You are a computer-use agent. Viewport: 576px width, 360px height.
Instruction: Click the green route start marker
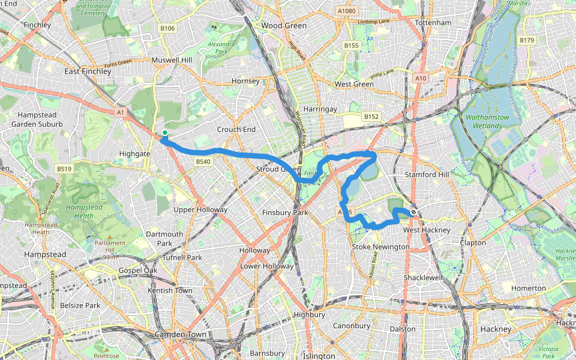(x=164, y=133)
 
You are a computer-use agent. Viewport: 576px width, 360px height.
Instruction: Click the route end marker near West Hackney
(x=413, y=212)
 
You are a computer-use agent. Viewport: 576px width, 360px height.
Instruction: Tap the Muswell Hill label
(x=172, y=61)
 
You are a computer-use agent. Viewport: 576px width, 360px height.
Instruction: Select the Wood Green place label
(x=284, y=26)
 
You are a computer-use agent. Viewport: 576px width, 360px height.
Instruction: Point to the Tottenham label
(x=433, y=23)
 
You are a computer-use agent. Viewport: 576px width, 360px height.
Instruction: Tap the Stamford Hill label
(x=427, y=175)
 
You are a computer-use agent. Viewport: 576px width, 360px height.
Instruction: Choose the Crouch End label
(x=236, y=130)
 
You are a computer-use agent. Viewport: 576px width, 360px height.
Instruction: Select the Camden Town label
(x=181, y=334)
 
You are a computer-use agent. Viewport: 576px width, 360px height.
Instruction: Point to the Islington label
(x=319, y=356)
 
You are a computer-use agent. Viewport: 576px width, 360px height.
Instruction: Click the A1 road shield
(x=121, y=112)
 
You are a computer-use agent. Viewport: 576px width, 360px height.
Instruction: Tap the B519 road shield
(x=65, y=169)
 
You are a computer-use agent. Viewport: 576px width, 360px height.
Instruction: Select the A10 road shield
(x=421, y=78)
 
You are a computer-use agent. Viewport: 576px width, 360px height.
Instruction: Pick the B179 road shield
(x=527, y=40)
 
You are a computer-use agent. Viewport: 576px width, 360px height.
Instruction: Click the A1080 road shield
(x=346, y=11)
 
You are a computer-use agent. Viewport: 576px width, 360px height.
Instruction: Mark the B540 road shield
(x=203, y=161)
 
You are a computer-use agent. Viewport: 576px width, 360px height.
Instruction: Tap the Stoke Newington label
(x=380, y=247)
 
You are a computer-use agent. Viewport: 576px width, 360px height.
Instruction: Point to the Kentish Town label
(x=170, y=290)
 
